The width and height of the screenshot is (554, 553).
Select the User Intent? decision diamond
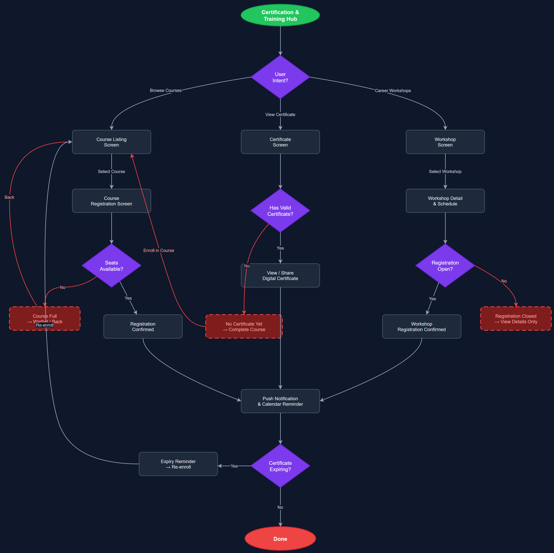(x=280, y=77)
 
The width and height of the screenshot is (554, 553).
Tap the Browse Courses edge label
(x=165, y=90)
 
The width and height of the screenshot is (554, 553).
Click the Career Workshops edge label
(x=393, y=91)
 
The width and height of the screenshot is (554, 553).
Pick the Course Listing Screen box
(x=111, y=142)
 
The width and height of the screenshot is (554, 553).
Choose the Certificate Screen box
(x=280, y=142)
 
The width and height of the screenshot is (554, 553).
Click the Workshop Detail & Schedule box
(x=445, y=201)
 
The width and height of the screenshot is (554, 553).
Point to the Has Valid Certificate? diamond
(x=280, y=211)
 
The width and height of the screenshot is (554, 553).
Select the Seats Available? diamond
(x=111, y=266)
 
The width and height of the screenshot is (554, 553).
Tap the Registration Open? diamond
(x=445, y=266)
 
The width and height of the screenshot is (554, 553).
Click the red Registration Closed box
(x=516, y=319)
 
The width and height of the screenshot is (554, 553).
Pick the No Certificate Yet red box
(x=244, y=326)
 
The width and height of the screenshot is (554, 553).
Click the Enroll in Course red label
(x=159, y=250)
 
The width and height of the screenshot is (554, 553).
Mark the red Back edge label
(x=9, y=197)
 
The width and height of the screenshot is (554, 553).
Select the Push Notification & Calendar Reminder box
(x=280, y=401)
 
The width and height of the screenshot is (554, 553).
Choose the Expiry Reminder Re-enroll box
(x=178, y=464)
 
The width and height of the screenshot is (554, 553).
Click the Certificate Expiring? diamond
(x=280, y=466)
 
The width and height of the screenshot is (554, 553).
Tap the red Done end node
(x=280, y=539)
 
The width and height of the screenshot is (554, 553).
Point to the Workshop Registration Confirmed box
(x=421, y=326)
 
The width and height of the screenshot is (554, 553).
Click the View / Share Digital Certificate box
(x=280, y=275)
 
